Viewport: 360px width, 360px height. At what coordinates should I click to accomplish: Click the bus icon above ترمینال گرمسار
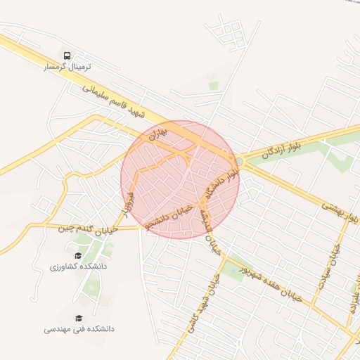(67, 55)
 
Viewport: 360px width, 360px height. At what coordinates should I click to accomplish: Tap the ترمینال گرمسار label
(67, 67)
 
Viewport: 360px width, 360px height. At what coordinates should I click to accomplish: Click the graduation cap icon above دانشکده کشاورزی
(78, 256)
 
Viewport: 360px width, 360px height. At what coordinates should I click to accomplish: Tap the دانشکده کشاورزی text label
(78, 267)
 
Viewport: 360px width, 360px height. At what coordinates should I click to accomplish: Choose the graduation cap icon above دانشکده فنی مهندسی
(79, 318)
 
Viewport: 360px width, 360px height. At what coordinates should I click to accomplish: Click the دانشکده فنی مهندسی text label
(79, 329)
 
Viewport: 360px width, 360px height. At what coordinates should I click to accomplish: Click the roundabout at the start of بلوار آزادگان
(240, 162)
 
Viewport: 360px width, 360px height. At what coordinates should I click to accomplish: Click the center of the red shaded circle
(180, 179)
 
